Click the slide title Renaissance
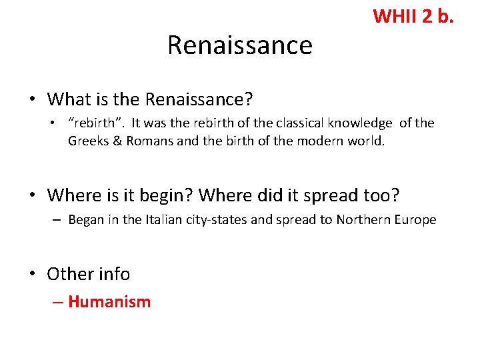point(239,45)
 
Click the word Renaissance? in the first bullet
point(199,99)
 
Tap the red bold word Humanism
point(109,301)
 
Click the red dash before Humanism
point(58,302)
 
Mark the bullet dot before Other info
point(33,273)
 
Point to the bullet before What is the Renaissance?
point(33,99)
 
